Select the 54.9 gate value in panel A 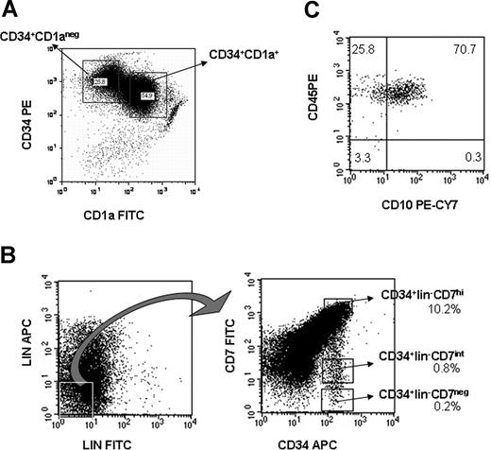(x=146, y=95)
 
